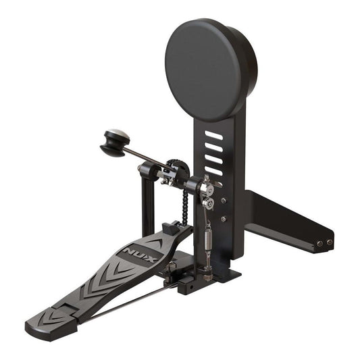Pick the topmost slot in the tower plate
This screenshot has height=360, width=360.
pyautogui.click(x=213, y=136)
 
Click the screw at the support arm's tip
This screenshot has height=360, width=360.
pyautogui.click(x=330, y=242)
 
